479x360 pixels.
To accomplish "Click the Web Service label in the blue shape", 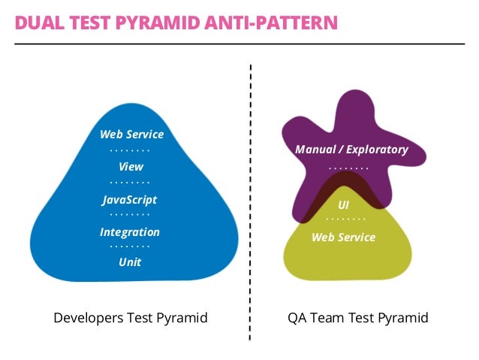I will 131,135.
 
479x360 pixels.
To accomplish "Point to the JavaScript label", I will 130,200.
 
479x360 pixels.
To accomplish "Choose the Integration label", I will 130,232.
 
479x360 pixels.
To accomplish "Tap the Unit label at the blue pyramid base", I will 130,262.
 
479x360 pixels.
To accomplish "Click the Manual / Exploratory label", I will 351,150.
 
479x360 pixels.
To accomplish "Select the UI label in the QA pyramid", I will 343,204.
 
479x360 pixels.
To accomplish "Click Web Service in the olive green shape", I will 343,237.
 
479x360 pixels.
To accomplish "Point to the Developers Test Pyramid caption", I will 130,318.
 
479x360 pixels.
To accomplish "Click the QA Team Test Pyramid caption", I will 358,318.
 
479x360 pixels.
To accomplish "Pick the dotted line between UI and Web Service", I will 345,220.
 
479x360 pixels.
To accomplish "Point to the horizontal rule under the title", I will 239,44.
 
